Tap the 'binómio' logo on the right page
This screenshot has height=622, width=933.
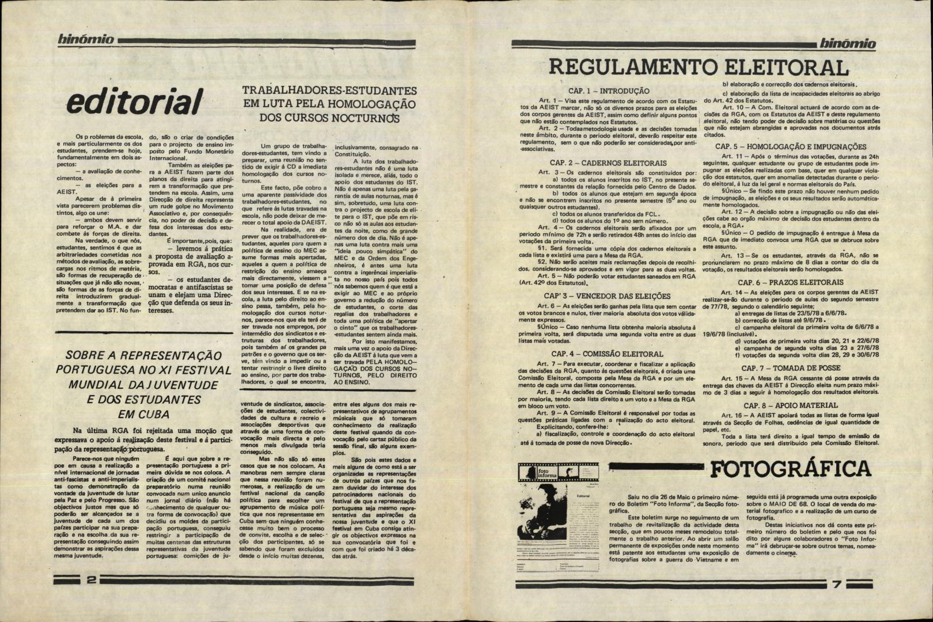[847, 44]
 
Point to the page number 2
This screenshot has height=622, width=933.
[91, 581]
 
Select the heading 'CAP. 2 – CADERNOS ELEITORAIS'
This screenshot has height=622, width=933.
[608, 163]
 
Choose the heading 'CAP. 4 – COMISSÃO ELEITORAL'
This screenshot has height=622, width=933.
[607, 354]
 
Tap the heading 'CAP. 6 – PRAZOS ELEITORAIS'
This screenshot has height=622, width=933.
[791, 282]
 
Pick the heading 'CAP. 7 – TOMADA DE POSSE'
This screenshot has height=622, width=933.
[790, 367]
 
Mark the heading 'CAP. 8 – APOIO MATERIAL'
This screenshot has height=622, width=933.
[790, 405]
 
